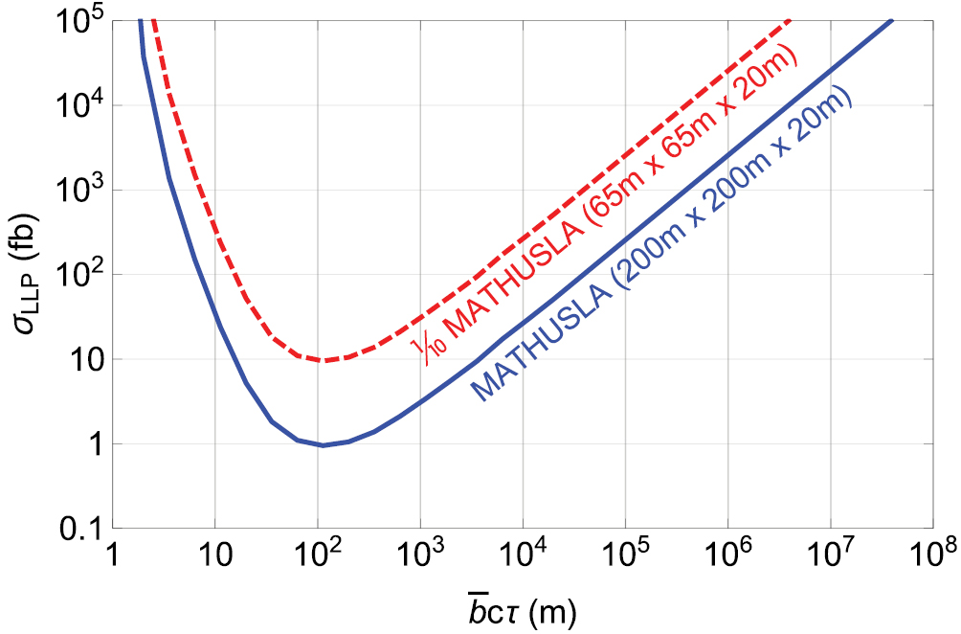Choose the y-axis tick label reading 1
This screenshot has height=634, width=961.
(x=88, y=444)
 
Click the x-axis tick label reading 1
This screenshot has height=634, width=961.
(x=113, y=555)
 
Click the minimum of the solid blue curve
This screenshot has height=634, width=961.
(x=324, y=445)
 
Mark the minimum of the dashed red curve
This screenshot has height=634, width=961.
(x=325, y=361)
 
